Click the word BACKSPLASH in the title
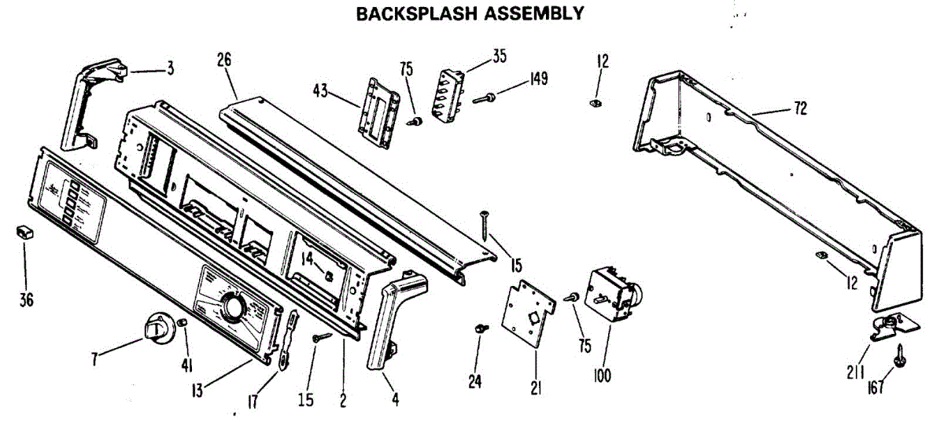pos(407,13)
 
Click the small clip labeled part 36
pos(22,232)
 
